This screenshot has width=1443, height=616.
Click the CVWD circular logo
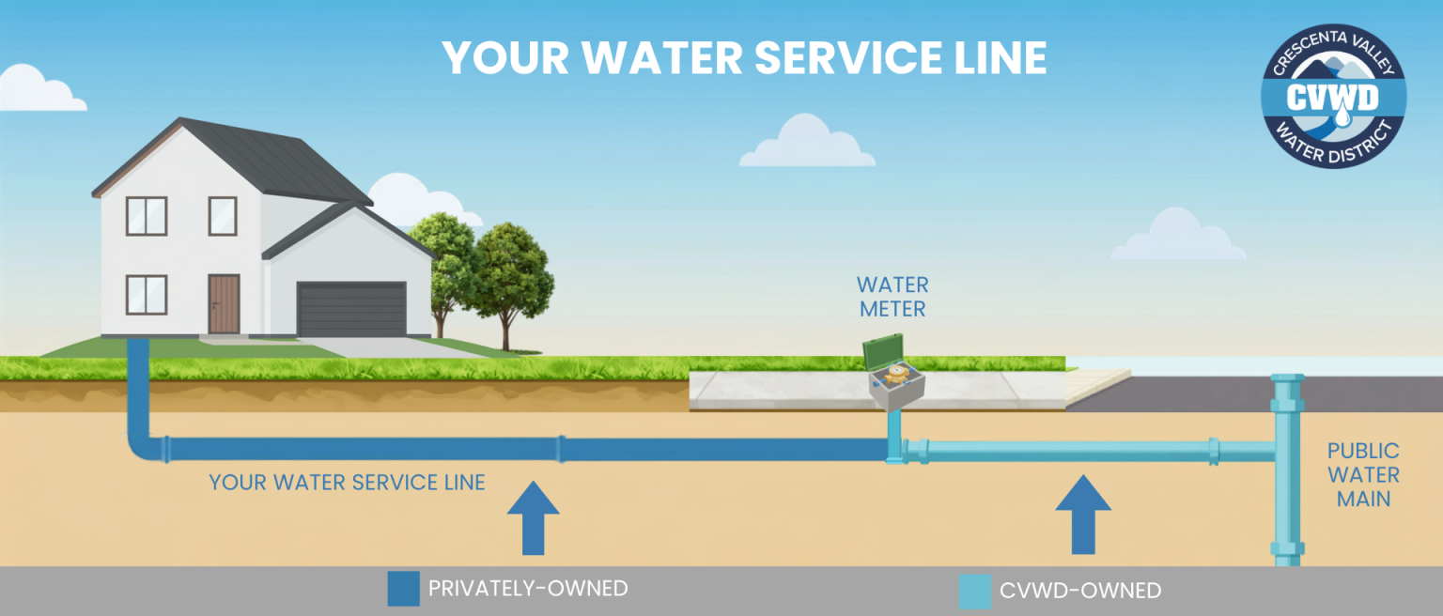tap(1333, 97)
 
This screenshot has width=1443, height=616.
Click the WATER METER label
tap(892, 297)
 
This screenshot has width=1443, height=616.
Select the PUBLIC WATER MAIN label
tap(1363, 474)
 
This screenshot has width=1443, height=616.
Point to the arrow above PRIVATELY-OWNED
tap(533, 518)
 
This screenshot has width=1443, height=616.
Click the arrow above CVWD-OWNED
tap(1083, 515)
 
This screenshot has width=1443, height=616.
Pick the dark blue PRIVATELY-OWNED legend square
tap(403, 589)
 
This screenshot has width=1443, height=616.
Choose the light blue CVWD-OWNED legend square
tap(974, 592)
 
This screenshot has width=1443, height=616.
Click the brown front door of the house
tap(225, 304)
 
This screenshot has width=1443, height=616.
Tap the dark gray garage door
tap(351, 309)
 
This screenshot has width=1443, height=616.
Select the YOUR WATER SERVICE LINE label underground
tap(347, 483)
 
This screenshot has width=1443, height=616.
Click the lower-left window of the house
tap(147, 295)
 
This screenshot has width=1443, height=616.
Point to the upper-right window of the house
tap(223, 216)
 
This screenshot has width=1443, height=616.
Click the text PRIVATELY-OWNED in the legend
tap(528, 589)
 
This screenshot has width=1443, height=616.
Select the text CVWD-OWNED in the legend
tap(1080, 591)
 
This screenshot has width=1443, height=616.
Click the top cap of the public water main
tap(1287, 379)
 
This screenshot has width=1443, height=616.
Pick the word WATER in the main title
tap(662, 58)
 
